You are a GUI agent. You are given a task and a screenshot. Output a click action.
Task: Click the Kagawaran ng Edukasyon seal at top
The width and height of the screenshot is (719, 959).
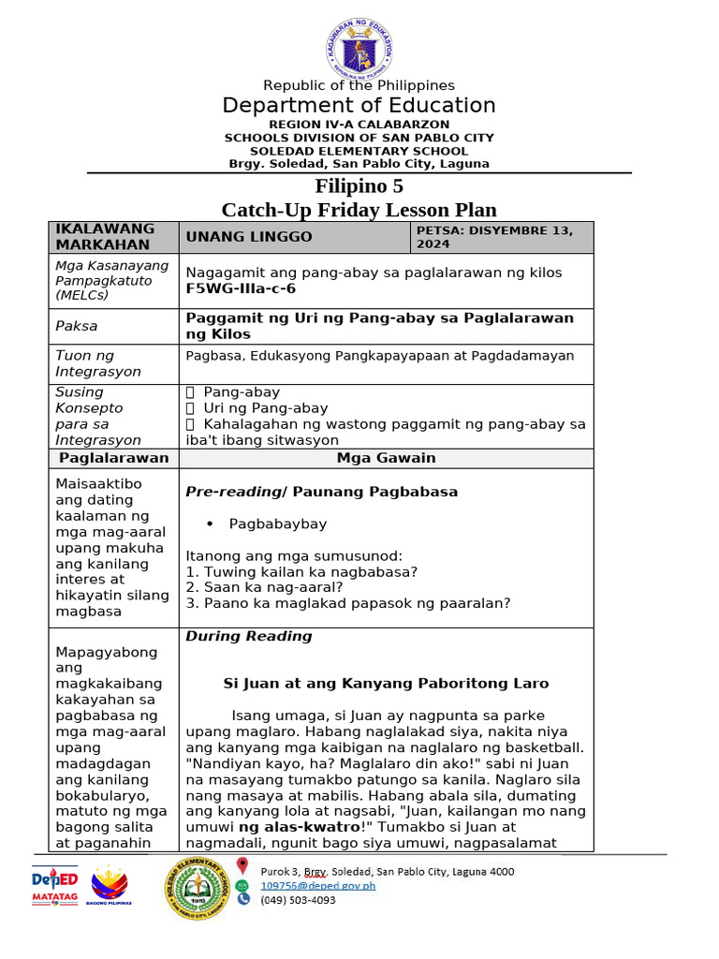(x=359, y=45)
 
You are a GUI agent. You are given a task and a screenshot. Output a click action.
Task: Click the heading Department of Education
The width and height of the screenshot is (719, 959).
(x=359, y=106)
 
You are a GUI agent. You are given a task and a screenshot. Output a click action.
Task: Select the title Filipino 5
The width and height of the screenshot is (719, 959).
(x=359, y=186)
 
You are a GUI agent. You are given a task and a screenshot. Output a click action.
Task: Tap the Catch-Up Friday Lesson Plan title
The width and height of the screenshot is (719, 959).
(x=359, y=210)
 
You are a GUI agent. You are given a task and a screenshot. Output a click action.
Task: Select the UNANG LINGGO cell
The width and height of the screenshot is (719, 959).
(x=249, y=237)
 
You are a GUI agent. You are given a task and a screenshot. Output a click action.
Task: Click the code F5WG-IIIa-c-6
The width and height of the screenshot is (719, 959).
(x=241, y=288)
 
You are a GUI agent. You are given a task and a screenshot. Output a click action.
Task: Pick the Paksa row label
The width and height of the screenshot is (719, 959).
(x=76, y=326)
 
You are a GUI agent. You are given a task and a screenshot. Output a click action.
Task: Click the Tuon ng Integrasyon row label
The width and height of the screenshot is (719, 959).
(x=97, y=363)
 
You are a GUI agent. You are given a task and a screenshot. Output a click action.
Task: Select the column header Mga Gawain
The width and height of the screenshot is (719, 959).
(x=386, y=458)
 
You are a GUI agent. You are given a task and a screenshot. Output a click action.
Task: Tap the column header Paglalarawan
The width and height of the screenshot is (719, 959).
(x=113, y=458)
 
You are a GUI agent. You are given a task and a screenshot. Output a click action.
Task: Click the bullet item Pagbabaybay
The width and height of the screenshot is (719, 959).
(x=278, y=524)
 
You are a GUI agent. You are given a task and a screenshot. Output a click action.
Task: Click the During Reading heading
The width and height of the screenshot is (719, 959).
(x=248, y=636)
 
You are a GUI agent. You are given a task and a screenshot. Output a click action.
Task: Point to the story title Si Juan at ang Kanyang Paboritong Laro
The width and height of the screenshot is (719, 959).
(x=386, y=684)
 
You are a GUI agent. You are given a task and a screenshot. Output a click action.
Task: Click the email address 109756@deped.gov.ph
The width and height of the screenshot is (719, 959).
(x=317, y=885)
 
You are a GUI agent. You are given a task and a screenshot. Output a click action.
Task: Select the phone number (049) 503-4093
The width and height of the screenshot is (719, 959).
(x=298, y=900)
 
